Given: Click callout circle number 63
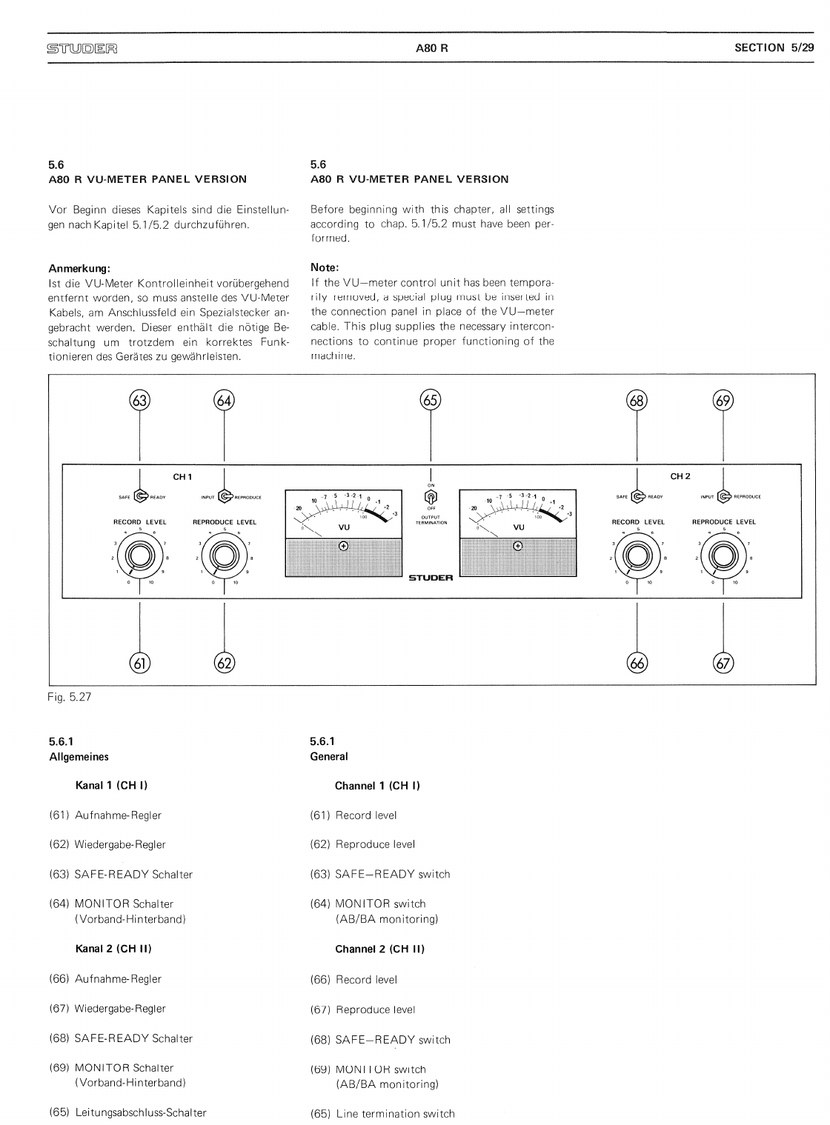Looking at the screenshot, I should coord(139,401).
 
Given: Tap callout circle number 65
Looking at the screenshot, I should coord(431,401).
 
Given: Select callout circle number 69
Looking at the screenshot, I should coord(723,401).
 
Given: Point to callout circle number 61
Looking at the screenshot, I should coord(139,663).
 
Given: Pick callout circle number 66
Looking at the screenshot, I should coord(637,663).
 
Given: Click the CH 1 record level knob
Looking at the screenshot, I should coord(139,556).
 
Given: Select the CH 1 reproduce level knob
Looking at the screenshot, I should coord(225,556).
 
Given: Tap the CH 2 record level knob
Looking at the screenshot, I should coord(637,556).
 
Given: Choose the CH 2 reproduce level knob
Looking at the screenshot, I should coord(723,556).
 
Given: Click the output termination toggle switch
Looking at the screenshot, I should coord(431,497).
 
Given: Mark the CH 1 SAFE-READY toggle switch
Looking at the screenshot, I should coord(140,497).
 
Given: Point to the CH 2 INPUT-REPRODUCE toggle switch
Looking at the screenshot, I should coord(723,497).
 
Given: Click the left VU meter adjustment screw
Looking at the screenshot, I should coord(344,547).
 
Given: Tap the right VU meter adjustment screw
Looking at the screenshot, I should coord(517,547).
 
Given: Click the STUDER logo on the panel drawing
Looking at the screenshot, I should coord(431,578).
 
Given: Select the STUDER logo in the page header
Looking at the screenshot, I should coord(82,50).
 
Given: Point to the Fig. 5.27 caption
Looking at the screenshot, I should coord(70,697).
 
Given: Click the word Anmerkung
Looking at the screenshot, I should coord(79,268).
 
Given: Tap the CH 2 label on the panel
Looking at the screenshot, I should coord(680,476).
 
